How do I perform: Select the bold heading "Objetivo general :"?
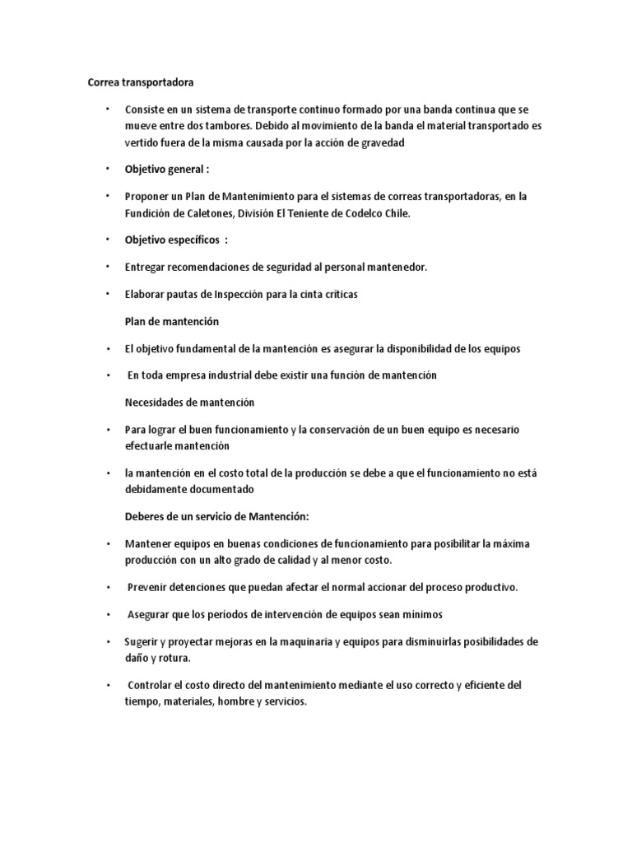point(167,169)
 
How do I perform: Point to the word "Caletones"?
point(206,212)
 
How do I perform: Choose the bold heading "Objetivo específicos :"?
point(176,239)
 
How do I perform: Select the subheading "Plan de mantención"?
point(172,320)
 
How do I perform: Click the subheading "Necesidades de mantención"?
point(189,402)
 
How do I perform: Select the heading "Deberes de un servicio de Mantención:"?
point(216,515)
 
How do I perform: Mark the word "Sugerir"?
point(142,641)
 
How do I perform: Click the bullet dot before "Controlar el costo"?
point(108,685)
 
